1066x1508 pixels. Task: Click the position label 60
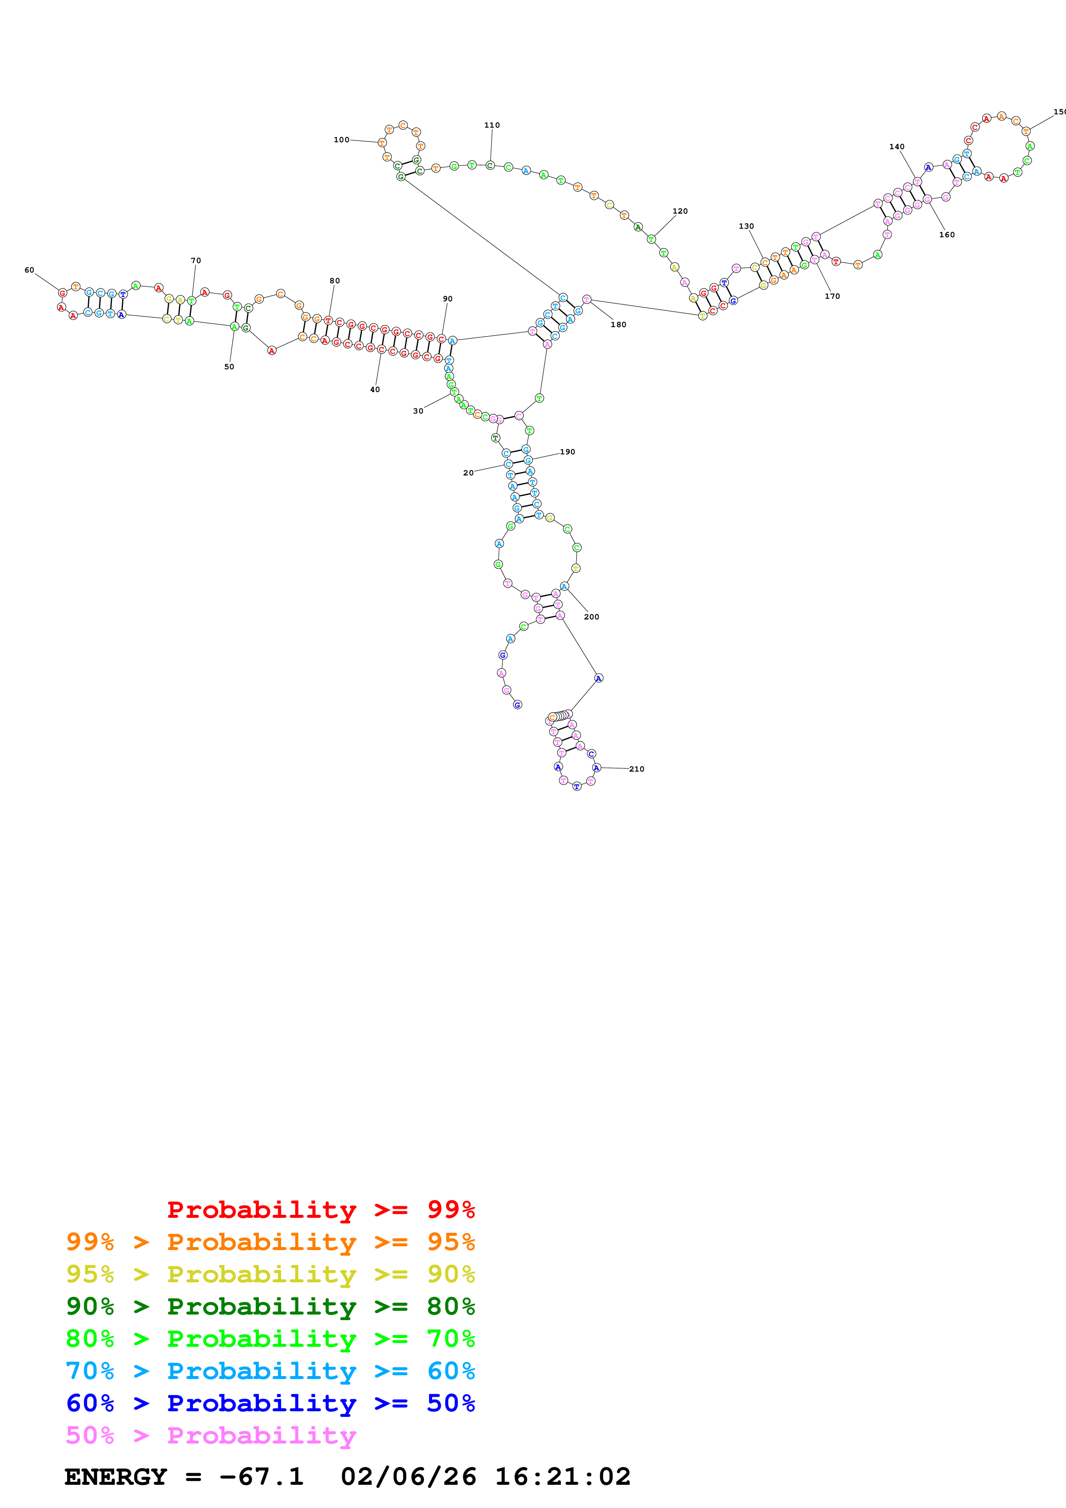coord(30,270)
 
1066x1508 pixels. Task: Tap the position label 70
coord(196,261)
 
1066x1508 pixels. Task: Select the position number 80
coord(335,281)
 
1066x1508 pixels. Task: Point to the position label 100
coord(341,140)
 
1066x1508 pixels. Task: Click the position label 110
coord(492,126)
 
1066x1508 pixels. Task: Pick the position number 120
coord(680,211)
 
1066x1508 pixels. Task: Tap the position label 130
coord(746,227)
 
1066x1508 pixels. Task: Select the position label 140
coord(897,147)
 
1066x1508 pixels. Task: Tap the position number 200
coord(591,617)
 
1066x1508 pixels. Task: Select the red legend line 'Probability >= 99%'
coord(320,1210)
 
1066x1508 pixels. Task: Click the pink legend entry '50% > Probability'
coord(211,1435)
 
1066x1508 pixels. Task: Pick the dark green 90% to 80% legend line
coord(270,1306)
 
